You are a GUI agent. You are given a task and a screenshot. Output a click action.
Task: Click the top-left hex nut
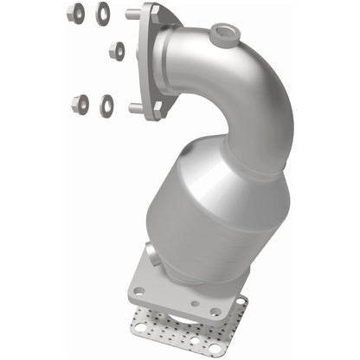75,13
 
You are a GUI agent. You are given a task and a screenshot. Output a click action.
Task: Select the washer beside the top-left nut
103,13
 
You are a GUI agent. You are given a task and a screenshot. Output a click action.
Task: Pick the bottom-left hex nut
80,104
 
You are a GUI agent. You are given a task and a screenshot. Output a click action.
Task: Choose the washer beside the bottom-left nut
107,105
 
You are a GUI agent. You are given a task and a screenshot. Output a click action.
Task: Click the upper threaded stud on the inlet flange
132,15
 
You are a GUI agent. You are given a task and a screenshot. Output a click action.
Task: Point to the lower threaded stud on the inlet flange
135,108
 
